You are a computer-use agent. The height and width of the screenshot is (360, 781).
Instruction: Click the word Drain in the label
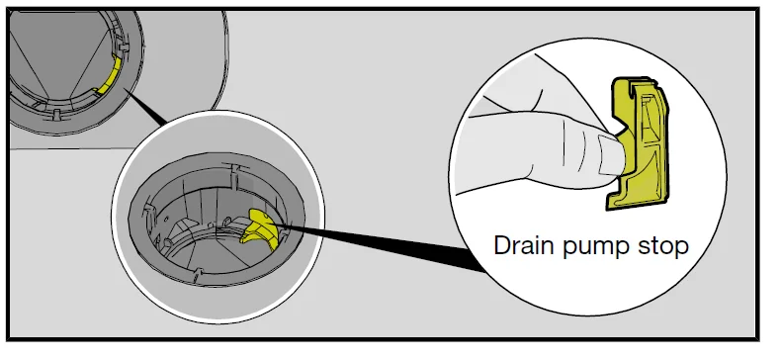[x=524, y=246]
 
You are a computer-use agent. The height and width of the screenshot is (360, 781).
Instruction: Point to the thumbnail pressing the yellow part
[x=609, y=154]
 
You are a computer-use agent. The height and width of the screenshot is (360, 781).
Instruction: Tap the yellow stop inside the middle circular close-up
[x=259, y=228]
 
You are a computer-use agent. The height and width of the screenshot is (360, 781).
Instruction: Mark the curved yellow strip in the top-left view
[x=108, y=75]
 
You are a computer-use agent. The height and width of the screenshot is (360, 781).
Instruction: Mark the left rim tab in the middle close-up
[x=148, y=210]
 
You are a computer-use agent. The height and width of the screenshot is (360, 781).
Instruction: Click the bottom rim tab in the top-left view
[x=57, y=115]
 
